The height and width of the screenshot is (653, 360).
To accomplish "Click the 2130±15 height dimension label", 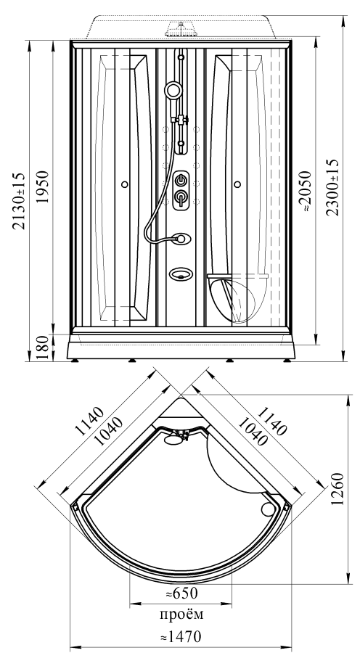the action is [19, 201].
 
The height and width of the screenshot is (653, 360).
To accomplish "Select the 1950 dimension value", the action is [44, 186].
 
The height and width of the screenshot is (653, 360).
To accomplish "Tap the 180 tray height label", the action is [44, 348].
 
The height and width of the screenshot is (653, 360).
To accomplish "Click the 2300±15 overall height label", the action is [332, 187].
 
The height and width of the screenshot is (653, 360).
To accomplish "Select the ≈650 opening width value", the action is [181, 593].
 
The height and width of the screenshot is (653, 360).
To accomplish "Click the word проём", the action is [181, 615].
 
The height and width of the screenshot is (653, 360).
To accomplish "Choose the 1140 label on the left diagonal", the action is [89, 420].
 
